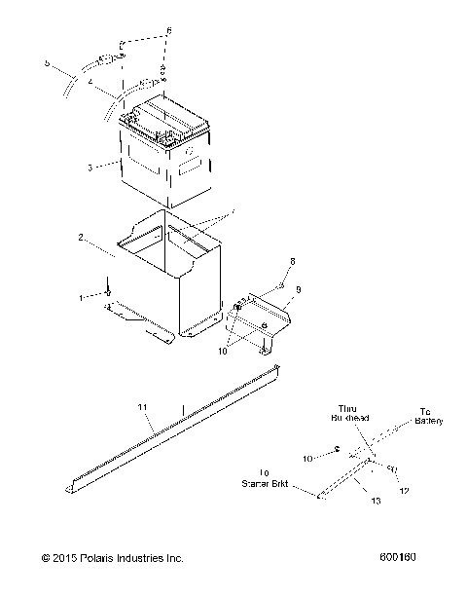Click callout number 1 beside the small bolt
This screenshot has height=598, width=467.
click(x=82, y=294)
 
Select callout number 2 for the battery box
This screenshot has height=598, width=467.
click(x=82, y=236)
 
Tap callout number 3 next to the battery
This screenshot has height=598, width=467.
click(x=90, y=168)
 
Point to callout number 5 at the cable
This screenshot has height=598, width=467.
click(x=46, y=63)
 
